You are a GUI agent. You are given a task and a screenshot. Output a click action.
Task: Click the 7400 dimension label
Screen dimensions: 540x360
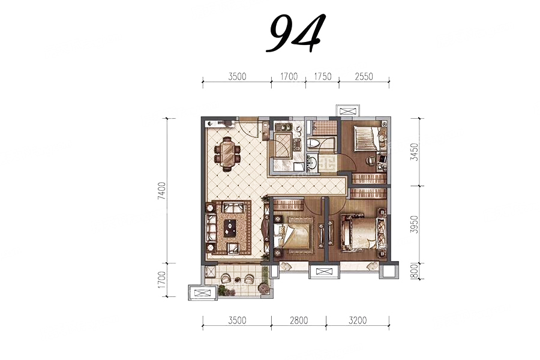pyautogui.click(x=162, y=191)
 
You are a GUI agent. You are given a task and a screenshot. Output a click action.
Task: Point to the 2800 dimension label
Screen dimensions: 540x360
pyautogui.click(x=299, y=320)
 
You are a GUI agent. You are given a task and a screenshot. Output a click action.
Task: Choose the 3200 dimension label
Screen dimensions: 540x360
pyautogui.click(x=358, y=320)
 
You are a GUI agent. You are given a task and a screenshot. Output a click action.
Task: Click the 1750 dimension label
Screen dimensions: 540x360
pyautogui.click(x=322, y=76)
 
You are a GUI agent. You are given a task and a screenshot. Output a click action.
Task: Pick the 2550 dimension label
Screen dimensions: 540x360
pyautogui.click(x=364, y=76)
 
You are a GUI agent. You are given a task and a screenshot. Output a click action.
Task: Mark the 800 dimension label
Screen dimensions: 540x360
pyautogui.click(x=415, y=271)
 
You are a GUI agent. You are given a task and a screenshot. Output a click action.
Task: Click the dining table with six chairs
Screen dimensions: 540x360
pyautogui.click(x=227, y=154)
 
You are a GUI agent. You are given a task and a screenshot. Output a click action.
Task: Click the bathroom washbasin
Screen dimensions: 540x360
pyautogui.click(x=312, y=162)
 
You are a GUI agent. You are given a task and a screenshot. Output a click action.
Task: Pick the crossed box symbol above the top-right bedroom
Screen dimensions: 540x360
pyautogui.click(x=349, y=111)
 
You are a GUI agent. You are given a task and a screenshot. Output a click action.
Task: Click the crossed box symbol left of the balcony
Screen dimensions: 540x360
pyautogui.click(x=203, y=293)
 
